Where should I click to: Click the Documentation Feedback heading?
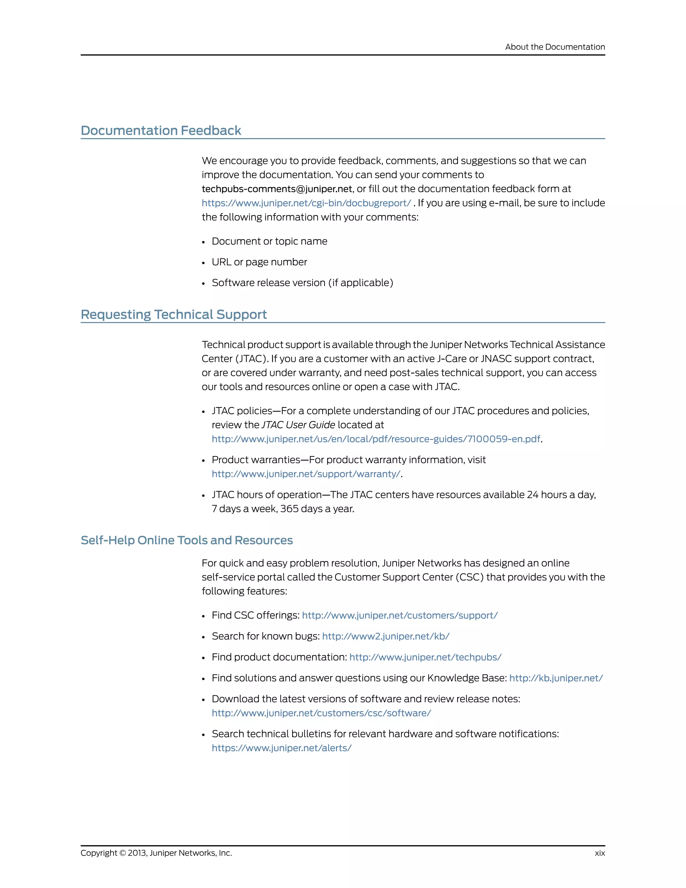[161, 130]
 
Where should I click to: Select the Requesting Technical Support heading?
[174, 314]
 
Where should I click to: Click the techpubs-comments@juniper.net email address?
[277, 189]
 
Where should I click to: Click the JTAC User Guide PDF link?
[376, 439]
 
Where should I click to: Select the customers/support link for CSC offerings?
[400, 616]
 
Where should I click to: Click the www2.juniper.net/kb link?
[386, 636]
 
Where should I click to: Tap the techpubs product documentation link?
[425, 657]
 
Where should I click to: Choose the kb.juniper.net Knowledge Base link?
[556, 678]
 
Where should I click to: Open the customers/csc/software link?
[321, 713]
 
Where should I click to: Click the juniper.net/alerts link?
[281, 748]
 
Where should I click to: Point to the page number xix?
[600, 853]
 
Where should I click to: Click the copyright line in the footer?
[156, 853]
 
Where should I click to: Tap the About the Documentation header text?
[555, 47]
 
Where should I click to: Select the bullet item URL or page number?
[259, 262]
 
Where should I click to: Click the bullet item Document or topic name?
[269, 242]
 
